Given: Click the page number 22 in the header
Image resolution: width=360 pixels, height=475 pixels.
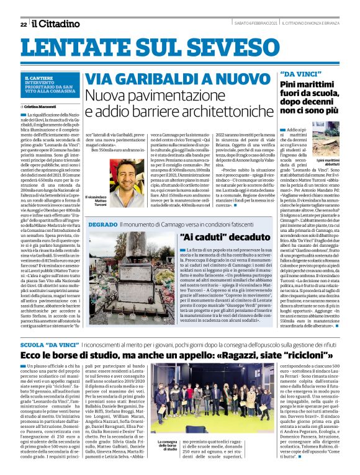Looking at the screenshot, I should coord(24,24).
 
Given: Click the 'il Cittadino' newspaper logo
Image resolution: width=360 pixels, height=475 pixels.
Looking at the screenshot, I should coord(56,23).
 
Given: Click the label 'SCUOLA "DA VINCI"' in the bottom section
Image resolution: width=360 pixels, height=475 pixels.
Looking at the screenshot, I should coord(48,343).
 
